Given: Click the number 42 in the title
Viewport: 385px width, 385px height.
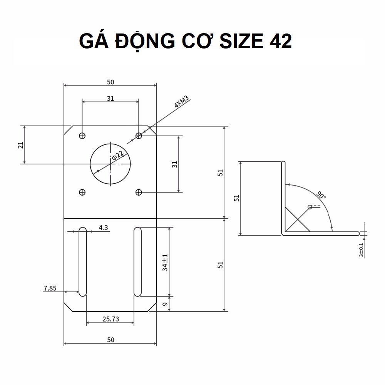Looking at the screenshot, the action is [x=281, y=41].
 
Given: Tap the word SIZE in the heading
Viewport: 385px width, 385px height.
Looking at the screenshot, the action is [x=241, y=41].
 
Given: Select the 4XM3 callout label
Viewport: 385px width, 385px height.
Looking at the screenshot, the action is [x=181, y=102].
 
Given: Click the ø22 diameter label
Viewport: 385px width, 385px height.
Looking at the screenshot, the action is [x=117, y=155].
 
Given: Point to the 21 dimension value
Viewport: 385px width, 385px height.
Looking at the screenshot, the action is [x=21, y=145].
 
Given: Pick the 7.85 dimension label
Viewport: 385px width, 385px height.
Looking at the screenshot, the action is [x=50, y=288].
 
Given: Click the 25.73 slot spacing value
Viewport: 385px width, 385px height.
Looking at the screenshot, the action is [x=110, y=319].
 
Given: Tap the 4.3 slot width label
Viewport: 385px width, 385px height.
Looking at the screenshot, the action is [x=103, y=228].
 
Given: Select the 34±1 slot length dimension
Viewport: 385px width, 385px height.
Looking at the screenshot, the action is [x=165, y=263].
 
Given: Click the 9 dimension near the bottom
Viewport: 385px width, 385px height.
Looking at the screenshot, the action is [x=165, y=304].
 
